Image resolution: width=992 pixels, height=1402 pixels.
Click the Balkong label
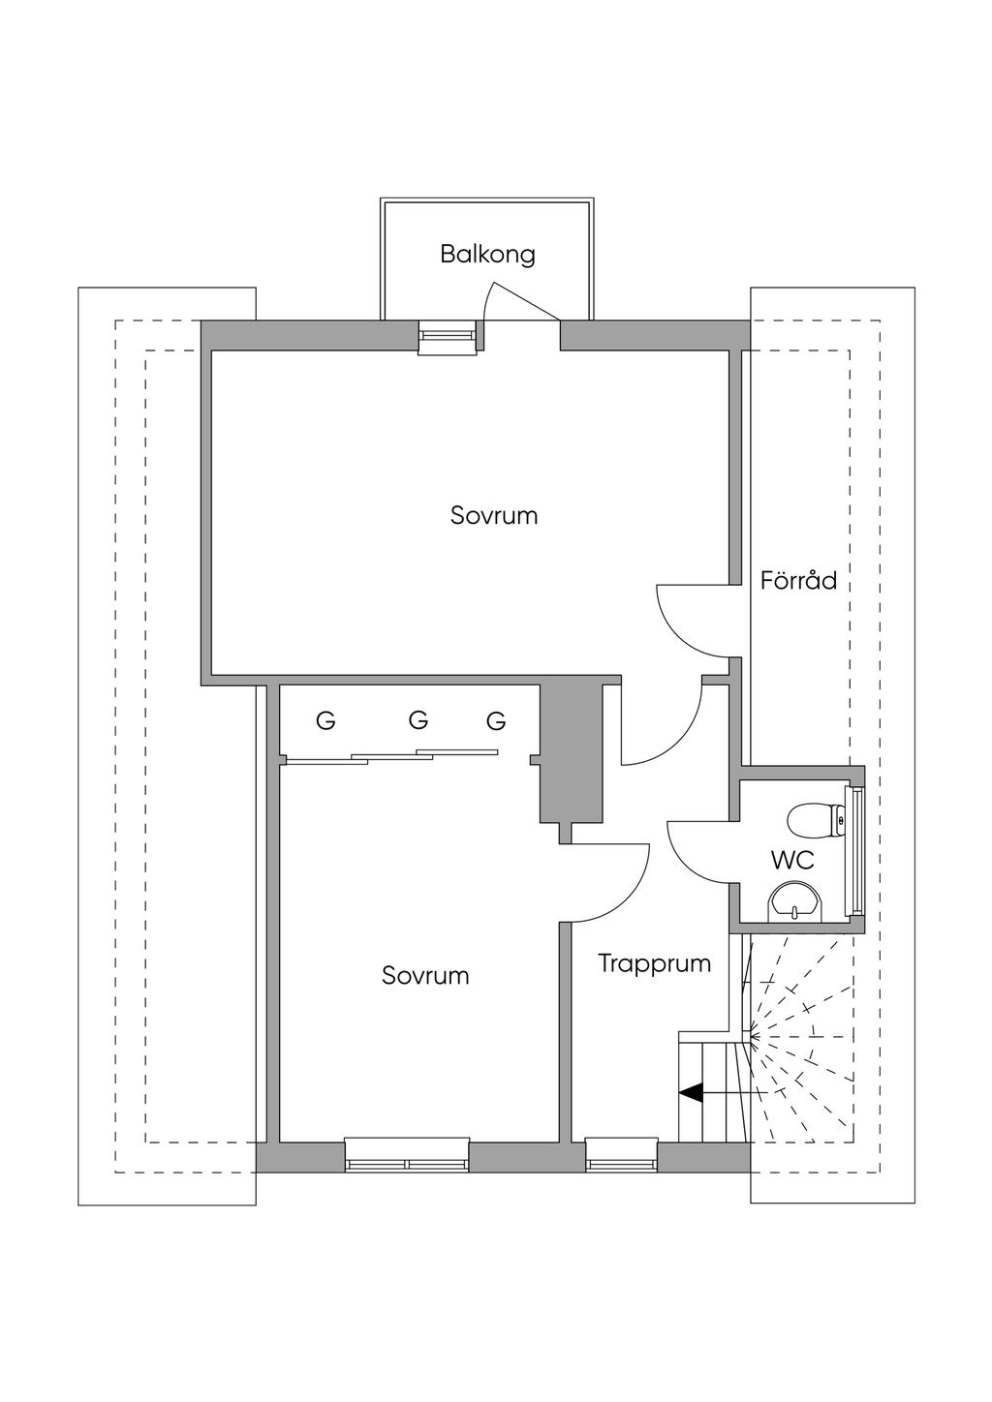pyautogui.click(x=487, y=255)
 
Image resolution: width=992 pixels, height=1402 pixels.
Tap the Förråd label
pyautogui.click(x=798, y=581)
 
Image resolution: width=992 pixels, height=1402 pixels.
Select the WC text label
pyautogui.click(x=792, y=859)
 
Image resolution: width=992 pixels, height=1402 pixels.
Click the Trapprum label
pyautogui.click(x=654, y=963)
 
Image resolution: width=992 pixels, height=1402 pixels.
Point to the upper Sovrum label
pyautogui.click(x=494, y=515)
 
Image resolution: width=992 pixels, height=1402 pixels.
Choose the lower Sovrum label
pyautogui.click(x=425, y=975)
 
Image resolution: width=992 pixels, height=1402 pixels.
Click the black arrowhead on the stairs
pyautogui.click(x=691, y=1092)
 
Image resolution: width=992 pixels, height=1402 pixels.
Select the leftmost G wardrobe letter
pyautogui.click(x=326, y=721)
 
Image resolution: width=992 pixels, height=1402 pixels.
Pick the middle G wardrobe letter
pyautogui.click(x=418, y=720)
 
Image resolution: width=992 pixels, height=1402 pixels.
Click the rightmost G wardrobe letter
pyautogui.click(x=496, y=721)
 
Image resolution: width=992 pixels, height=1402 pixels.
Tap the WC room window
pyautogui.click(x=853, y=850)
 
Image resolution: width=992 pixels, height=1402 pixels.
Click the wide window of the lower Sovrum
pyautogui.click(x=407, y=1154)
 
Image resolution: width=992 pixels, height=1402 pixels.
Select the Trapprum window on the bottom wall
pyautogui.click(x=621, y=1154)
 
